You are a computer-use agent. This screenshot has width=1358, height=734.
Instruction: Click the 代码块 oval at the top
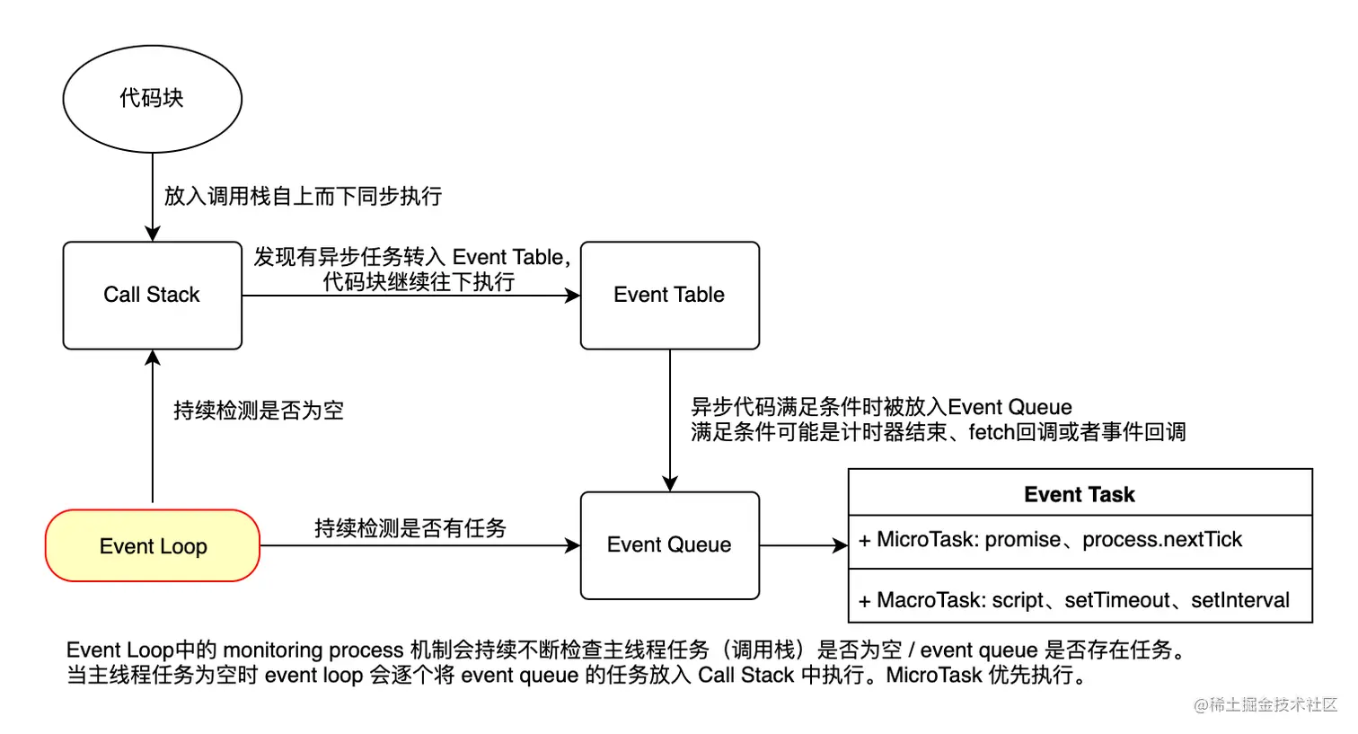click(x=152, y=99)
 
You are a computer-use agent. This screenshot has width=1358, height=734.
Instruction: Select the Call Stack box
click(x=152, y=295)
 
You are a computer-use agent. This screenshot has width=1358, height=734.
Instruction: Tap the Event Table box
click(x=669, y=295)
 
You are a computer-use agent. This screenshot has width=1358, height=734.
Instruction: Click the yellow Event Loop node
click(x=153, y=546)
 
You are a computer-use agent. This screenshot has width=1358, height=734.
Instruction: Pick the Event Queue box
click(x=669, y=545)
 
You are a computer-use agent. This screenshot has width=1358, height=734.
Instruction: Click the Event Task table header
click(x=1080, y=494)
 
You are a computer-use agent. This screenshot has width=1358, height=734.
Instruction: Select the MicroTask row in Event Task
click(x=1080, y=541)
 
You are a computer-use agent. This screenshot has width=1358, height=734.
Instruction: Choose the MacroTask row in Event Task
click(x=1080, y=599)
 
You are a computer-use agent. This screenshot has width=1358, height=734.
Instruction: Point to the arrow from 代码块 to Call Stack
click(x=153, y=198)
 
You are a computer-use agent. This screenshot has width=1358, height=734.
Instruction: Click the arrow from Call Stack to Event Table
click(x=410, y=296)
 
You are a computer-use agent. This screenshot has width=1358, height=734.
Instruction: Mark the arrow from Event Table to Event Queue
click(x=670, y=420)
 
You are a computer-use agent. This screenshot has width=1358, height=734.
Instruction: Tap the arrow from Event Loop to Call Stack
click(x=153, y=427)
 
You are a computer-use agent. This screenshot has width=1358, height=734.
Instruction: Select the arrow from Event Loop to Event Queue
click(x=419, y=545)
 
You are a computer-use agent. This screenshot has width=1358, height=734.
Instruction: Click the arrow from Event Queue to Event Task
click(x=803, y=545)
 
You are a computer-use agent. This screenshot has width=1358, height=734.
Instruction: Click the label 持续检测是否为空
click(x=259, y=411)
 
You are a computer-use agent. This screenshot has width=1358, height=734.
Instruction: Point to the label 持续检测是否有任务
click(x=410, y=527)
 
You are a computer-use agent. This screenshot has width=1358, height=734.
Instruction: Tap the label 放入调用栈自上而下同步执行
click(x=303, y=196)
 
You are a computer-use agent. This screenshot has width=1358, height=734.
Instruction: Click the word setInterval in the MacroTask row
click(x=1239, y=600)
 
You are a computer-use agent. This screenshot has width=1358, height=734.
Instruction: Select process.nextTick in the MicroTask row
click(x=1161, y=540)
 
